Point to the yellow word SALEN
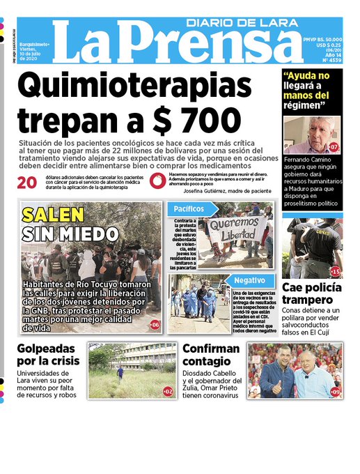tap(52, 214)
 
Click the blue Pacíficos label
tap(185, 208)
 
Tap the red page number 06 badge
tap(155, 325)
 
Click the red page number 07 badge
tap(334, 147)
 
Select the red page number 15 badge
tap(335, 271)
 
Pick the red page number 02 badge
tap(168, 392)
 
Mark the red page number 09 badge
tap(336, 392)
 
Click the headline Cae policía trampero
tap(311, 293)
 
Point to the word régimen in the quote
tap(304, 106)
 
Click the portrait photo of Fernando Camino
tap(311, 135)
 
